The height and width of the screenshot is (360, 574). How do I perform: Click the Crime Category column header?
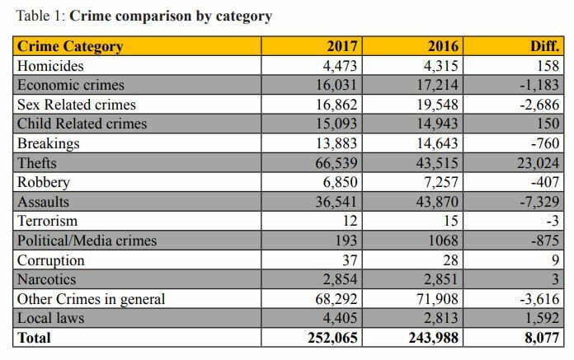(70, 46)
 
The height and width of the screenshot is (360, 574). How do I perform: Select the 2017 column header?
(342, 46)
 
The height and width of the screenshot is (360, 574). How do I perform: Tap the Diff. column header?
(544, 46)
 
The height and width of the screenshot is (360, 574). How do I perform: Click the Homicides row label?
(50, 66)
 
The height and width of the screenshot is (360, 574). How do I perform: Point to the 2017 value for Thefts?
(336, 163)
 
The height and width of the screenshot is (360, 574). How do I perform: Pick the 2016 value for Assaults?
(437, 202)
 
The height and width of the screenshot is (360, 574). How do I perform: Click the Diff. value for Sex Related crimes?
(539, 105)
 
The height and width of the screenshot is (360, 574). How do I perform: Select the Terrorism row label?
(47, 221)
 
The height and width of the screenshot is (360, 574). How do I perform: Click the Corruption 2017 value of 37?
(350, 260)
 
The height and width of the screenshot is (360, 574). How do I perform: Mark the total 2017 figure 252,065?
(332, 338)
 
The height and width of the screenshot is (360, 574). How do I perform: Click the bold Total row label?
(34, 338)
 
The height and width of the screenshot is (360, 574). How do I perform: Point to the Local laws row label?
(50, 318)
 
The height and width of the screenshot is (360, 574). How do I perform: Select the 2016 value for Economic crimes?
(437, 85)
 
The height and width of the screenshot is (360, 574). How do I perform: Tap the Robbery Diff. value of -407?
(545, 182)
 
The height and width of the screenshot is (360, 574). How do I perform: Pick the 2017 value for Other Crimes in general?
(336, 299)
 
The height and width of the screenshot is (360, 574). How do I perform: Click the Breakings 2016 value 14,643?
(437, 143)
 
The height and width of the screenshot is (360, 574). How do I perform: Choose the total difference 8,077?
(542, 338)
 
